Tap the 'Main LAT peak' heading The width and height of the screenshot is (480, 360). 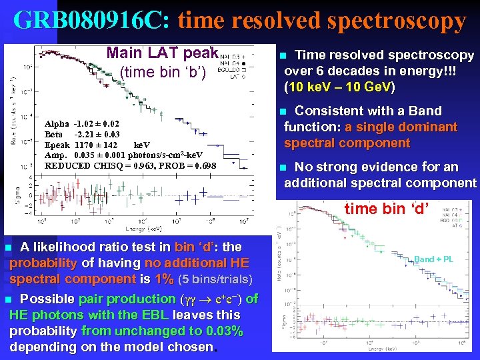[x=163, y=53]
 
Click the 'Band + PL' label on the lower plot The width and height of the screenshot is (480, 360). [x=433, y=259]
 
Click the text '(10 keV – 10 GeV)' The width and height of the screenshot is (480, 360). [x=339, y=87]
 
